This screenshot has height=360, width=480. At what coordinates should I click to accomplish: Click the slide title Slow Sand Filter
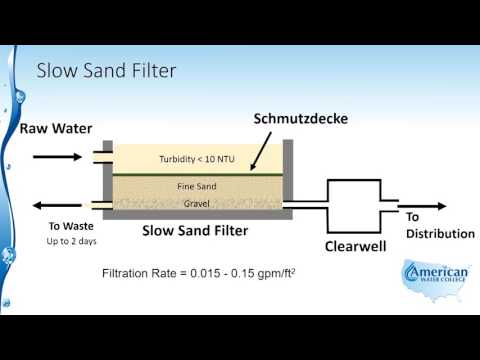[x=106, y=71]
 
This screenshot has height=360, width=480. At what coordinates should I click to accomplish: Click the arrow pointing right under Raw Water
[x=56, y=156]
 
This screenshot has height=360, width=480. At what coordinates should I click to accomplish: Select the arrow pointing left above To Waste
[x=56, y=205]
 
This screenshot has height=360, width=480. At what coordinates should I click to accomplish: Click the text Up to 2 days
[x=70, y=242]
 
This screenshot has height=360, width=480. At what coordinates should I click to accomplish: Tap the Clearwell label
[x=356, y=246]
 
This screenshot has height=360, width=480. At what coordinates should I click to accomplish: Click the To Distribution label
[x=439, y=225]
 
